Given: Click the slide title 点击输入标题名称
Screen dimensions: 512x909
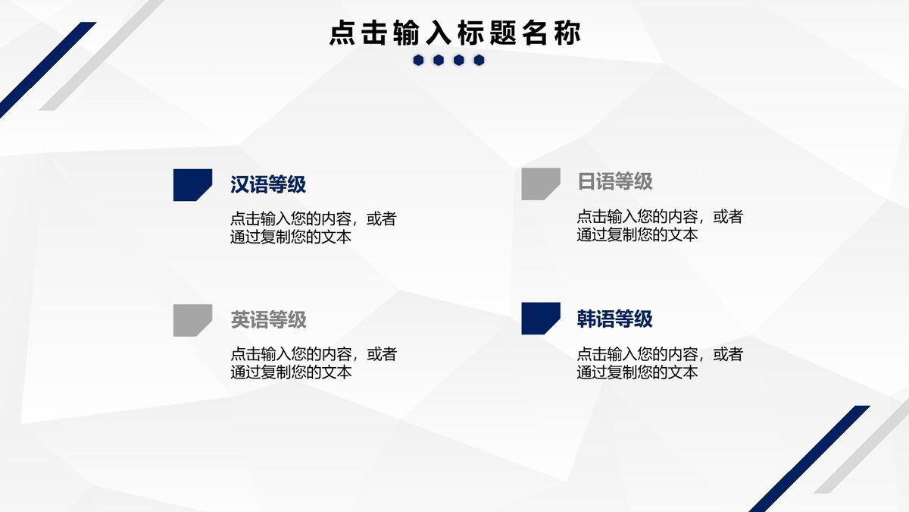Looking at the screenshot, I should pyautogui.click(x=454, y=33).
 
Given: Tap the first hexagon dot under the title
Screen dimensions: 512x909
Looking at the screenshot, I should pyautogui.click(x=418, y=60).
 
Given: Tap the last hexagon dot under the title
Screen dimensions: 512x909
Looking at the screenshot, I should pyautogui.click(x=479, y=60).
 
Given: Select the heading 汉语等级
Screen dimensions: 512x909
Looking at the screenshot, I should pyautogui.click(x=268, y=184).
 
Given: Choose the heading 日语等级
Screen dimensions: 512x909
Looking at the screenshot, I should pyautogui.click(x=614, y=182).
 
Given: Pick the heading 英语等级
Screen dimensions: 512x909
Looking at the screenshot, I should pyautogui.click(x=268, y=319).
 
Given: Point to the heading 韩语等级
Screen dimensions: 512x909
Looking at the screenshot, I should pyautogui.click(x=614, y=319).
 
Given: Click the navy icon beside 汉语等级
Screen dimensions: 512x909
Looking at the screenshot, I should pyautogui.click(x=192, y=184).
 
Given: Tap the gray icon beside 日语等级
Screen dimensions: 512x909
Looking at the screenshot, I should pyautogui.click(x=539, y=184).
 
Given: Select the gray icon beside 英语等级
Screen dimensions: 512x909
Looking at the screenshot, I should pyautogui.click(x=192, y=319).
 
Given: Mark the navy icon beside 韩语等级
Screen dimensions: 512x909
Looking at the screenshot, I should pyautogui.click(x=539, y=318).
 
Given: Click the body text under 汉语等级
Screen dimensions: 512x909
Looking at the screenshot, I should pyautogui.click(x=313, y=228).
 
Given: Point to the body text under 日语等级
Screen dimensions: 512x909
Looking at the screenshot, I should pyautogui.click(x=659, y=225).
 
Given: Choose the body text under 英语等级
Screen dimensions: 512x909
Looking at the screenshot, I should pyautogui.click(x=313, y=363).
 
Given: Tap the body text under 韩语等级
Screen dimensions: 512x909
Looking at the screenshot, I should pyautogui.click(x=659, y=363).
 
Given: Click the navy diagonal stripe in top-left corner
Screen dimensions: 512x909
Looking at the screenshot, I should pyautogui.click(x=45, y=70).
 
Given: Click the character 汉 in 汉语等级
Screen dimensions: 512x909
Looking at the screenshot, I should pyautogui.click(x=240, y=184).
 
